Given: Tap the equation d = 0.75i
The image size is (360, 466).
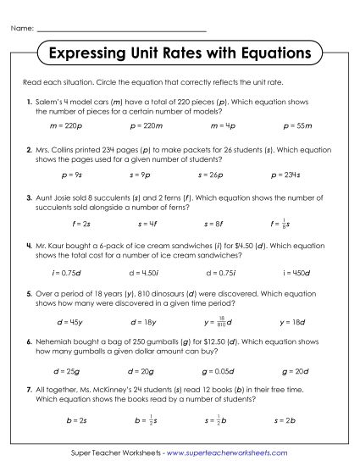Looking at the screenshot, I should tap(210, 273).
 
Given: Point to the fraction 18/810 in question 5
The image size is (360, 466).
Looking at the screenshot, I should tap(219, 323).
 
